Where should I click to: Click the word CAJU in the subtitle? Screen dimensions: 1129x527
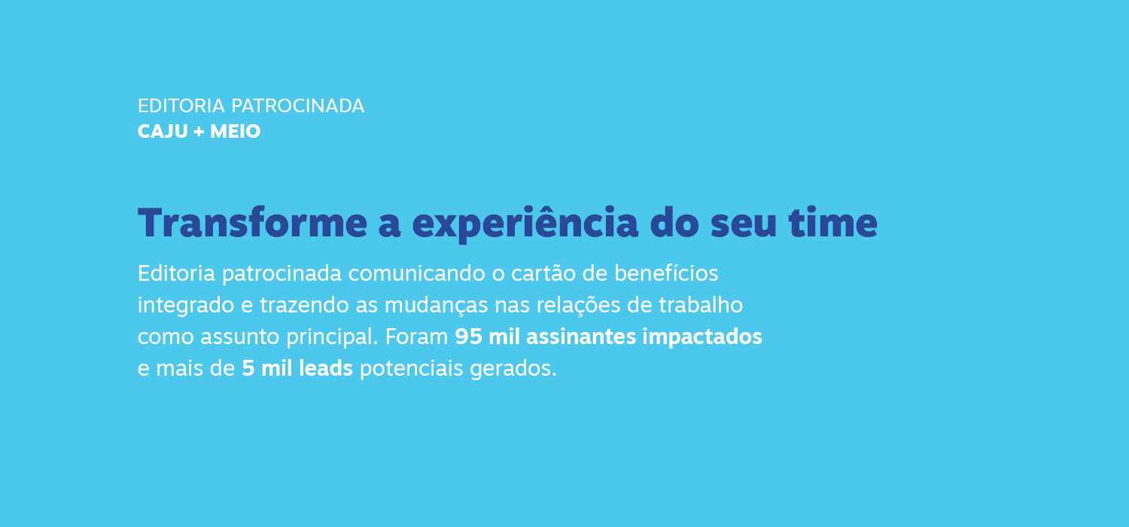point(163,132)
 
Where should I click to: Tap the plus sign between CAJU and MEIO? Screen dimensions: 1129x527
point(199,133)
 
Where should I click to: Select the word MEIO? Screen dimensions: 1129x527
point(236,132)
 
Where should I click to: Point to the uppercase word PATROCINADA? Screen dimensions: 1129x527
point(297,106)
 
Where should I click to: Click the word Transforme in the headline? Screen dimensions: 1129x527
point(252,223)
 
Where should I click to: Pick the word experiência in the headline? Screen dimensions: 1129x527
point(525,224)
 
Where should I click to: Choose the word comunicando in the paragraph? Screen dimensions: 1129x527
point(416,273)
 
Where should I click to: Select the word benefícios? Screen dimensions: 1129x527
point(666,273)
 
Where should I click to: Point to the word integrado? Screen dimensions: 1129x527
point(186,306)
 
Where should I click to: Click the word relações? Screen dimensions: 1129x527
point(578,306)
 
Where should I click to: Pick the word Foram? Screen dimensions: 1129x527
point(416,337)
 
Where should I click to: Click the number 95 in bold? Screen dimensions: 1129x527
point(468,337)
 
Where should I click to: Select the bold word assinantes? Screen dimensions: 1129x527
point(581,337)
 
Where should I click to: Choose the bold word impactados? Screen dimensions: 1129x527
point(702,337)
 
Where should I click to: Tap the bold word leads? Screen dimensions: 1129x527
point(326,368)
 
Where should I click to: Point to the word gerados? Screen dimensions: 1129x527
point(513,369)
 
